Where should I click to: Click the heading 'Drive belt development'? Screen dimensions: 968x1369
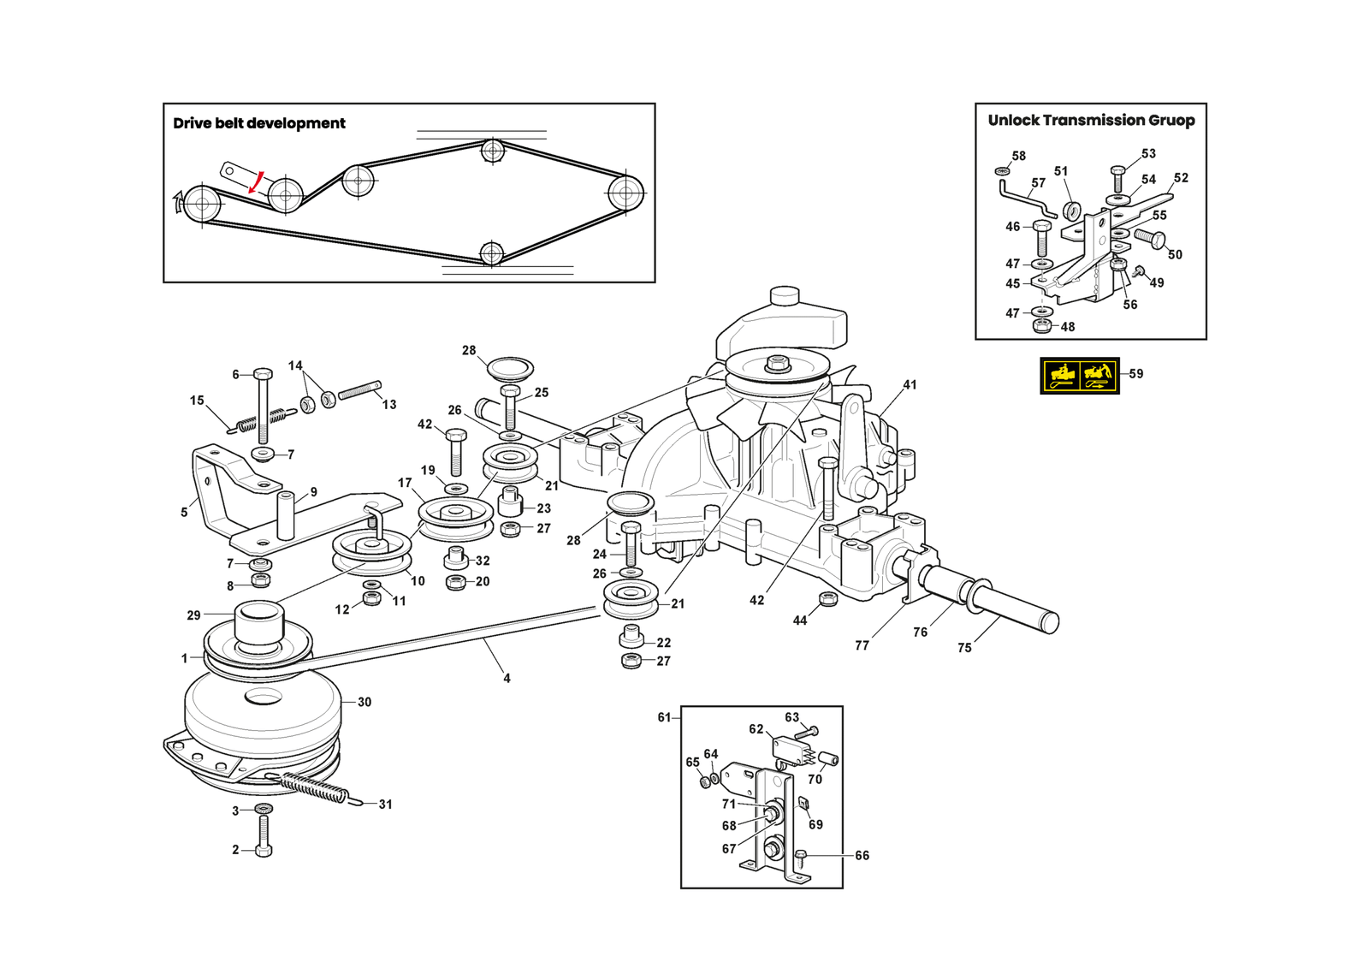(259, 123)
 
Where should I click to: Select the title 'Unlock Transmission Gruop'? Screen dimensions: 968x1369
(1091, 121)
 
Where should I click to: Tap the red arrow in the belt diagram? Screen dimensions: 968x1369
(256, 182)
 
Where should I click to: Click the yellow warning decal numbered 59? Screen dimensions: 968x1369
(1080, 376)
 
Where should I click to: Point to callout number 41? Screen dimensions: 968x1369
(910, 385)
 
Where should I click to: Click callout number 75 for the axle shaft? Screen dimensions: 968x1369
(964, 648)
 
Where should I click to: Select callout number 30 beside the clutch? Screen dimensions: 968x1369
(364, 702)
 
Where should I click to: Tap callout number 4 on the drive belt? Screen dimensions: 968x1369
(507, 678)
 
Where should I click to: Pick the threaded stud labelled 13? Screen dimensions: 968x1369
(359, 391)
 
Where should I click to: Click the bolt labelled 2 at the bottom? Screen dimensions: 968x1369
(263, 836)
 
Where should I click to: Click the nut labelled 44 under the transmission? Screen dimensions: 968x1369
(828, 599)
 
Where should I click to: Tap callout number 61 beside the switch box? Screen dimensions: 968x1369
(664, 717)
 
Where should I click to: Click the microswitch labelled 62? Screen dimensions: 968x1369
(791, 751)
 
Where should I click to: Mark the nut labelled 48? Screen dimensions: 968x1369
(1042, 326)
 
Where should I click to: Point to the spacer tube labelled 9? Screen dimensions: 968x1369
(286, 514)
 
